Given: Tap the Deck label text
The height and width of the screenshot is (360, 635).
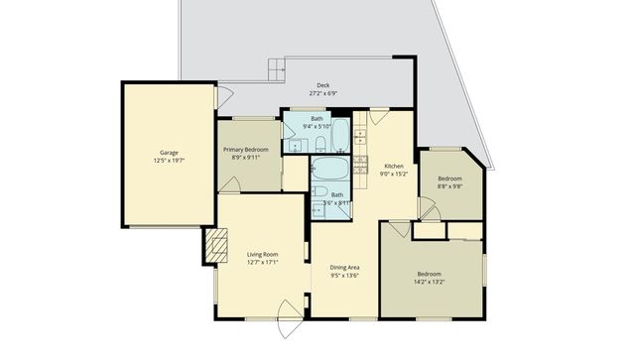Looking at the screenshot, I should [322, 85].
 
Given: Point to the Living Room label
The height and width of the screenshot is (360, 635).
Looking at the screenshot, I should [262, 255].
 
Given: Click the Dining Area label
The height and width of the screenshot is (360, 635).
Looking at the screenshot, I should [343, 267].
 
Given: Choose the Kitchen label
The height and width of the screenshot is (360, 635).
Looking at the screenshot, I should [394, 166].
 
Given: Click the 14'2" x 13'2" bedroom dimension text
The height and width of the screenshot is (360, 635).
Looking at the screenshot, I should [429, 282].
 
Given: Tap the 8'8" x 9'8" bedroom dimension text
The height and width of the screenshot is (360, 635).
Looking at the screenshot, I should [449, 185].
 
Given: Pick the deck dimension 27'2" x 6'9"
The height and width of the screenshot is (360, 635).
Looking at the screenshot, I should [322, 94].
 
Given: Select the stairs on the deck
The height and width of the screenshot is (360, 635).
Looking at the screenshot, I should [276, 70].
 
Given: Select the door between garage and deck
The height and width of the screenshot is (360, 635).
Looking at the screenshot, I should [224, 96].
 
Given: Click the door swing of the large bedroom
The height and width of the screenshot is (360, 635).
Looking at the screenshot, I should [398, 229].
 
